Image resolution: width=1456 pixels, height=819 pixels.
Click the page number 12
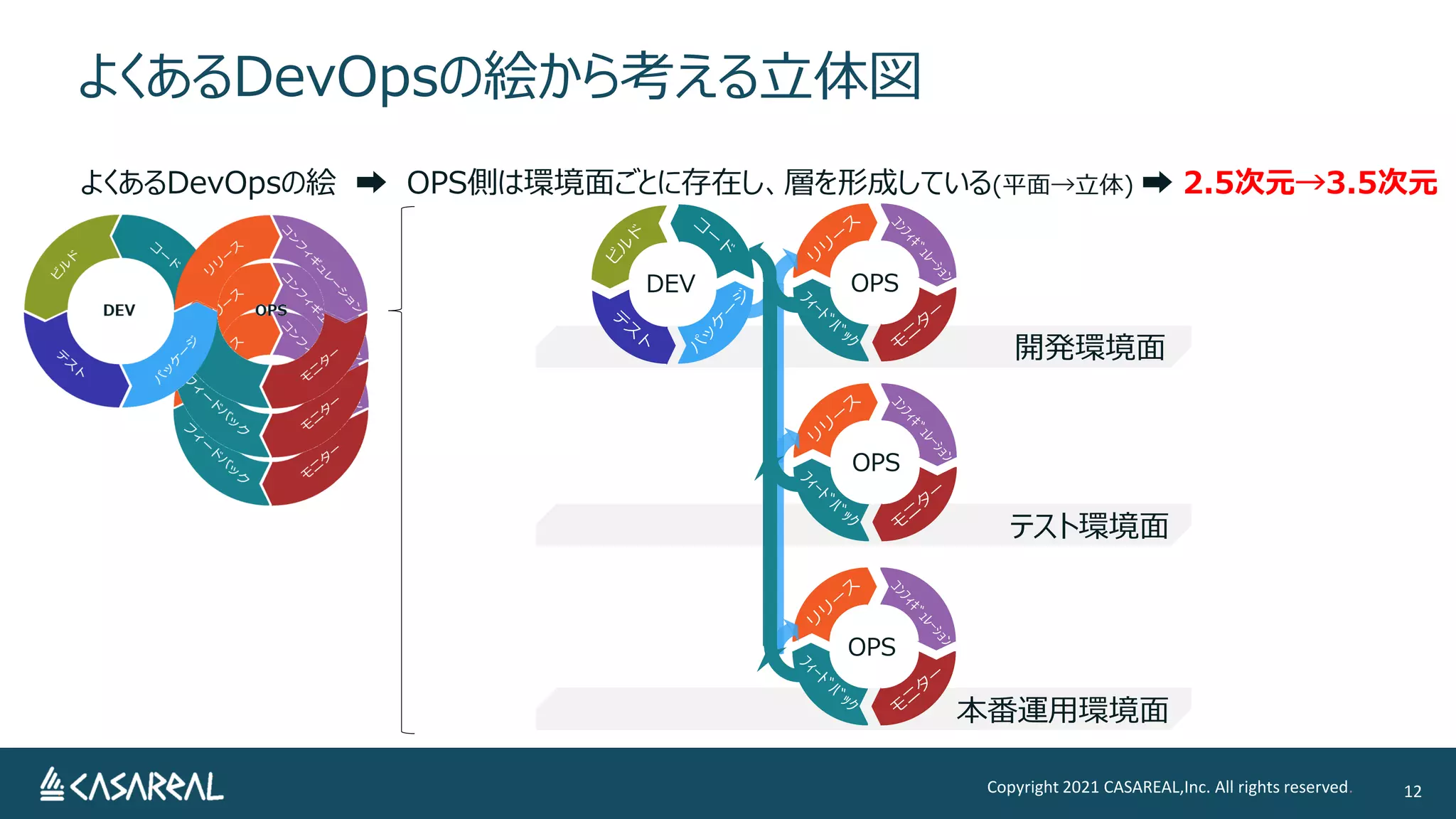1412,791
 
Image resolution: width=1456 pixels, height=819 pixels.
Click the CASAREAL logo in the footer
132,786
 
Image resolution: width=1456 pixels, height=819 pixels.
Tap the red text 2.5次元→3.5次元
1310,183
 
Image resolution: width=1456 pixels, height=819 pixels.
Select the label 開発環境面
1089,348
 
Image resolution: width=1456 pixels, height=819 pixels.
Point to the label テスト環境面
1088,526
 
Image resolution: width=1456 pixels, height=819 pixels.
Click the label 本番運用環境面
1062,710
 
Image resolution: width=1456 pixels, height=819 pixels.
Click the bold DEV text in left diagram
119,310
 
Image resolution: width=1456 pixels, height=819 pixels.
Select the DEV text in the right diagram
670,284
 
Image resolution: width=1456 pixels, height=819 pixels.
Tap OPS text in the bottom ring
872,647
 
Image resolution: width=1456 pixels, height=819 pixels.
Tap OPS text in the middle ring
876,462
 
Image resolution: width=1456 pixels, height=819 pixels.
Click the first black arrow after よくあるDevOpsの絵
370,183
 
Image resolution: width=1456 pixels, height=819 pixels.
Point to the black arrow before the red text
1156,183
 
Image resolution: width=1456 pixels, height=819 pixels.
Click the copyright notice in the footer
1167,787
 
